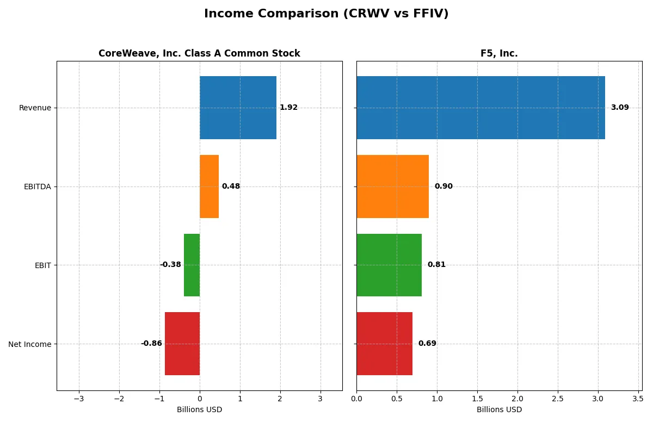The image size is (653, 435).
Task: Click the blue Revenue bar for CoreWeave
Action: [x=238, y=108]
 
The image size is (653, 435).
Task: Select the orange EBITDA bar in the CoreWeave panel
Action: [x=209, y=187]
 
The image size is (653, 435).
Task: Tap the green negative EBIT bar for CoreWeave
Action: [x=192, y=265]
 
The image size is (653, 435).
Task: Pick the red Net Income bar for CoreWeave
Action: [x=182, y=344]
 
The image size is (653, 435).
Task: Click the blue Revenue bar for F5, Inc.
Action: [x=480, y=108]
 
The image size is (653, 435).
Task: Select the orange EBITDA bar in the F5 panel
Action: [x=392, y=187]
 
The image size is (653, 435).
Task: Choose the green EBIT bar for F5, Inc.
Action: [x=389, y=265]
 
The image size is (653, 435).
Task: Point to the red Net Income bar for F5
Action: [x=384, y=344]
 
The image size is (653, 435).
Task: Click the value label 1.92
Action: [x=288, y=108]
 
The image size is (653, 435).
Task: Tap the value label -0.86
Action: [x=151, y=344]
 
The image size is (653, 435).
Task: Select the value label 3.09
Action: [x=619, y=108]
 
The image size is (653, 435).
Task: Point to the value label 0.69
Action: [x=427, y=344]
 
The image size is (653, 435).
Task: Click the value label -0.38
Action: [x=170, y=265]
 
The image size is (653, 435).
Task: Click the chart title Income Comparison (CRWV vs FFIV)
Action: [x=326, y=14]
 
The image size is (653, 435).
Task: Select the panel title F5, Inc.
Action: [x=499, y=53]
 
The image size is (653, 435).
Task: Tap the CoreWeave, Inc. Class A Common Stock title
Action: [x=199, y=53]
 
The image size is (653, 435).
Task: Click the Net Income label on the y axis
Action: [x=30, y=344]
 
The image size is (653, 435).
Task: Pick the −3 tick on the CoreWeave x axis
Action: [x=79, y=399]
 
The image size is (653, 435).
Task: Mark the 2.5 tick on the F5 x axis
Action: [x=558, y=399]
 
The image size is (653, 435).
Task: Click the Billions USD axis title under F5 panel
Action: [x=499, y=410]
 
